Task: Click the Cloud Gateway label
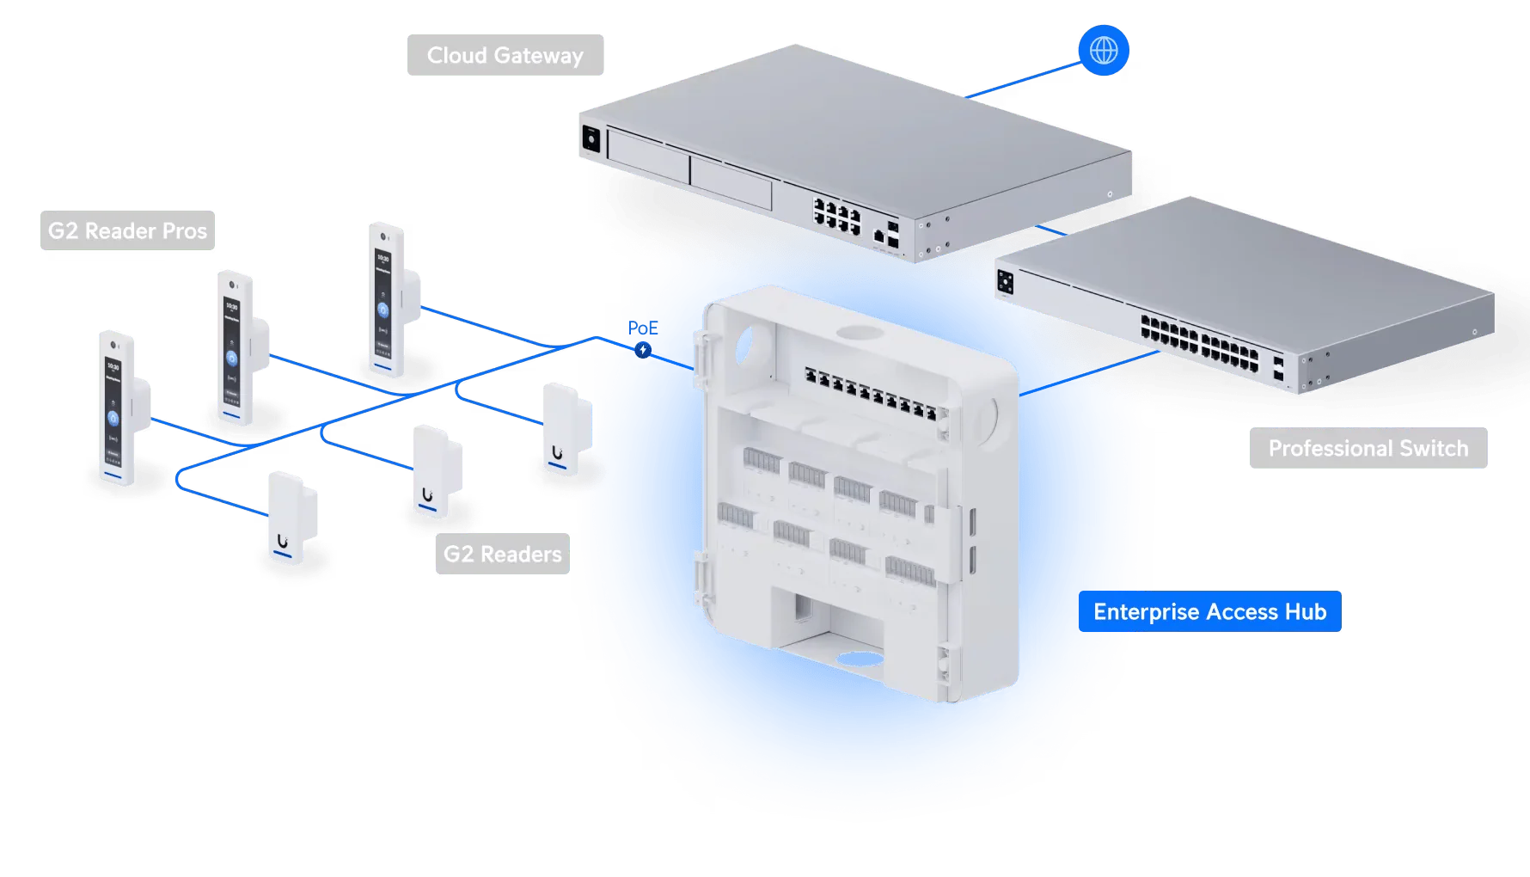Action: coord(505,55)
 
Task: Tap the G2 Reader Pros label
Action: coord(127,230)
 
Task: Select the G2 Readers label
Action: coord(503,554)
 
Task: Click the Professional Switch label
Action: coord(1368,448)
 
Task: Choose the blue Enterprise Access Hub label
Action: coord(1210,611)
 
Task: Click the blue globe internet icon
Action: coord(1104,50)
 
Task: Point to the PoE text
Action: coord(643,328)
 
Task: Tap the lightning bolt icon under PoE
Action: coord(643,350)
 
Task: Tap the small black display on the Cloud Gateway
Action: coord(591,138)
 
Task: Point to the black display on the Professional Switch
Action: coord(1005,281)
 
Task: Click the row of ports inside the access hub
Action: coord(871,392)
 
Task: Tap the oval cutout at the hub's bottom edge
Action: coord(860,659)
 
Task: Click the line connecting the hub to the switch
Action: coord(1089,373)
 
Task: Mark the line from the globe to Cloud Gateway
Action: coord(1023,80)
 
